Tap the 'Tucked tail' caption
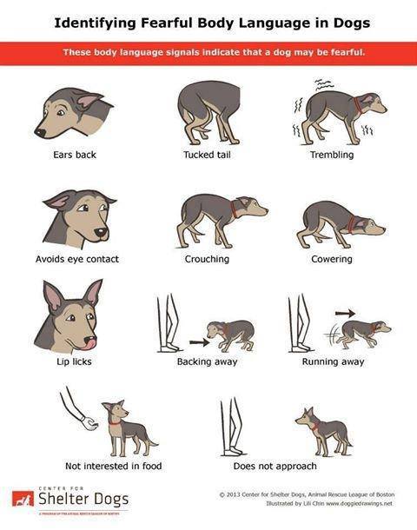coord(206,156)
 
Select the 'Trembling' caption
coord(331,156)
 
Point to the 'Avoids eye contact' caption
coord(76,259)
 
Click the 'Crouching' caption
coord(207,259)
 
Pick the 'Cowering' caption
coord(331,259)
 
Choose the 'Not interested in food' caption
coord(113,466)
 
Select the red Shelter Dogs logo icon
coord(22,499)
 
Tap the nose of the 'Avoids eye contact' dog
coord(102,233)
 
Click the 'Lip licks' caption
coord(65,361)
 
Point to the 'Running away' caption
coord(333,361)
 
